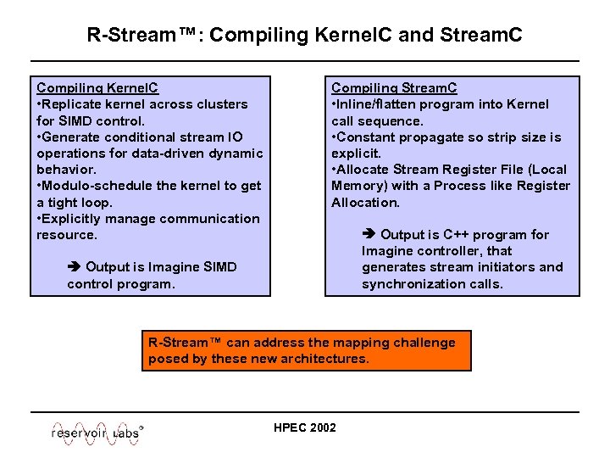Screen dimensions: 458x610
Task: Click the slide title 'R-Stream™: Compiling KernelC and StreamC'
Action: click(x=304, y=36)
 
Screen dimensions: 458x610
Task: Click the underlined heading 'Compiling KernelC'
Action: click(x=97, y=88)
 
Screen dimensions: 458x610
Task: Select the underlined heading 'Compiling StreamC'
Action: click(x=394, y=88)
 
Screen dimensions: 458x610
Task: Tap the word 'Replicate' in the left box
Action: click(x=72, y=104)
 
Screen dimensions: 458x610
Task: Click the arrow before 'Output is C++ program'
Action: click(x=369, y=235)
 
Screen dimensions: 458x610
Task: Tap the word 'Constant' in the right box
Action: click(x=367, y=137)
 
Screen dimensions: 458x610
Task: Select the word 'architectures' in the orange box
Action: click(x=326, y=359)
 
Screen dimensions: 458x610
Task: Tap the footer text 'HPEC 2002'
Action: click(x=305, y=427)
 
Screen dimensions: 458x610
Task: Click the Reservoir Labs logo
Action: click(x=97, y=431)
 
